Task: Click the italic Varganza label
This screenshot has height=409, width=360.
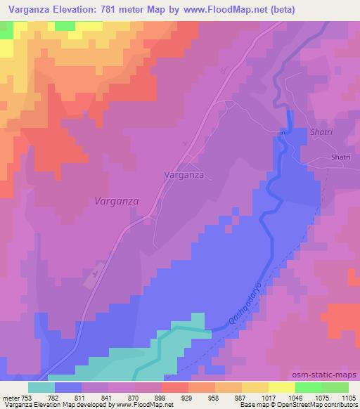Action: pos(116,200)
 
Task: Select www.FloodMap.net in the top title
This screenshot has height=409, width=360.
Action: pos(221,10)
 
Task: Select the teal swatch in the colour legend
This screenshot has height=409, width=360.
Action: pos(41,387)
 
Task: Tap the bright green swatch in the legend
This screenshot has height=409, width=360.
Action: pos(309,387)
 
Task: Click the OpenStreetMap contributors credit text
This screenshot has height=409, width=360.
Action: pos(323,405)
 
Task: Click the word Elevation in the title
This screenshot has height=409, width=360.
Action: pos(77,10)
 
